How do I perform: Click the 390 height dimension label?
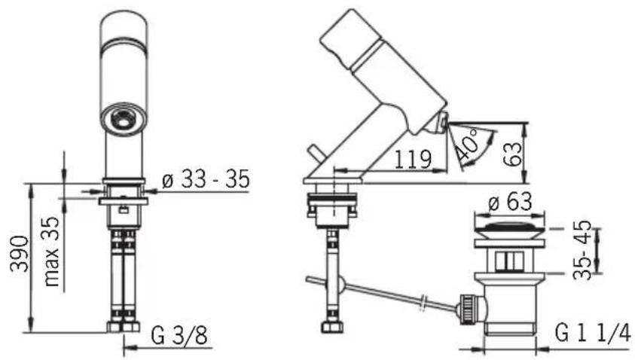[19, 254]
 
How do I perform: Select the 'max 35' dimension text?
[52, 252]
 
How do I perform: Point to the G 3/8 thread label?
[179, 335]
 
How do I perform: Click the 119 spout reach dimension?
[413, 159]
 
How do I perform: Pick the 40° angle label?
[467, 144]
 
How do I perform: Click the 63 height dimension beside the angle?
[512, 154]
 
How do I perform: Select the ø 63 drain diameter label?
[510, 201]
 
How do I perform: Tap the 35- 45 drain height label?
[582, 251]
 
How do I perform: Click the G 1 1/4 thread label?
[593, 334]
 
